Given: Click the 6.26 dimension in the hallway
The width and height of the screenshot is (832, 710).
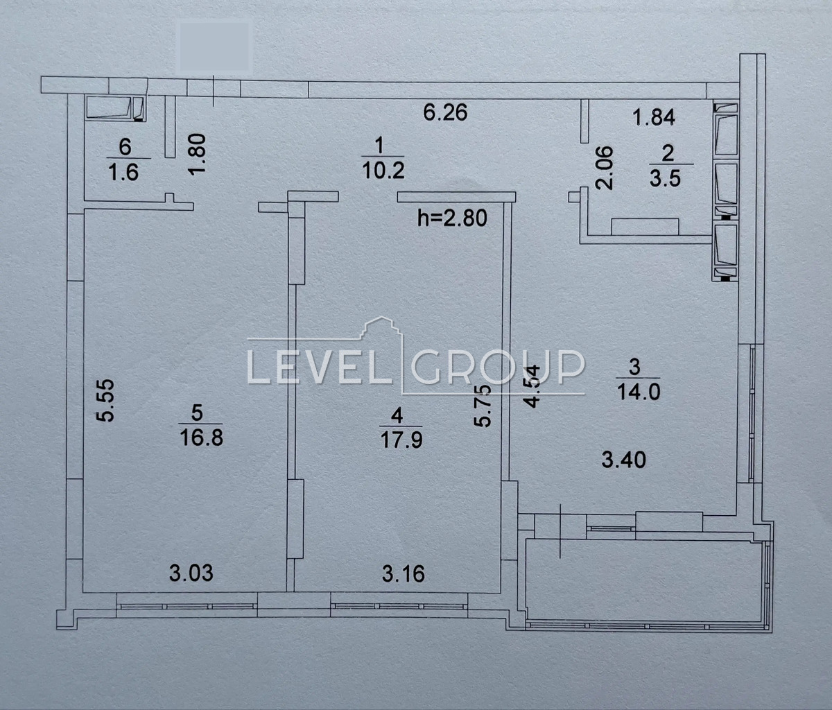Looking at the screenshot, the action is click(445, 113).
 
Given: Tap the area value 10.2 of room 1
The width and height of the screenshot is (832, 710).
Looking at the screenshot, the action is click(383, 171).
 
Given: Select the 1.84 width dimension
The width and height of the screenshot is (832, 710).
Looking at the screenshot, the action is click(654, 118).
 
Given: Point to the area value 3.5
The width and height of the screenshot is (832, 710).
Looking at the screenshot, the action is click(665, 178).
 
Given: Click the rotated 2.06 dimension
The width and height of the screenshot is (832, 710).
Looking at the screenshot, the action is click(604, 168).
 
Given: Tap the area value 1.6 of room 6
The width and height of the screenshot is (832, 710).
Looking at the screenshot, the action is click(123, 172).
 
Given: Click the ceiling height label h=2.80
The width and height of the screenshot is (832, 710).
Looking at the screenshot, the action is click(453, 218).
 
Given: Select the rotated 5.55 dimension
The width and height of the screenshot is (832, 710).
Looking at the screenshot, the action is click(106, 400).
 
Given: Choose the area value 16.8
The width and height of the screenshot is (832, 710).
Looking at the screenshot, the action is click(201, 438).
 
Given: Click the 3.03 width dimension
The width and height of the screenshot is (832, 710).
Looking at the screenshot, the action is click(191, 573).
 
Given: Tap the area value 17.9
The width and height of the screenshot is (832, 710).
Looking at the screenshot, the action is click(401, 440).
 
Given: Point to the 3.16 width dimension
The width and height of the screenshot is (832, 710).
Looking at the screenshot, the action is click(404, 574).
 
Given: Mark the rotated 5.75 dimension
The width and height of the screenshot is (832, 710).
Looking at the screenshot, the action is click(483, 406).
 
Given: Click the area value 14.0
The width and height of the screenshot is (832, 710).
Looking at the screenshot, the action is click(639, 392).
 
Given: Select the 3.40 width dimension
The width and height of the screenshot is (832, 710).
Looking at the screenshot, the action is click(624, 460).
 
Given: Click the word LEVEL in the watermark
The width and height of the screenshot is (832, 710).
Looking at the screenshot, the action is click(314, 366).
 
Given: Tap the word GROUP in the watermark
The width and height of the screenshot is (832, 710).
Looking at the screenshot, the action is click(498, 366).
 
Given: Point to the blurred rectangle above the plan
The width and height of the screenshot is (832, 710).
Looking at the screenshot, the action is click(214, 46).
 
